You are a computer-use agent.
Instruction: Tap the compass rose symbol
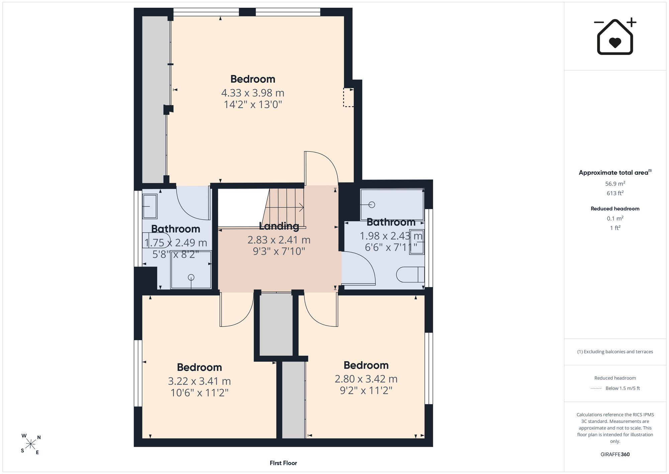[x=31, y=444]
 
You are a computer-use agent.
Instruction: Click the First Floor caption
[x=283, y=463]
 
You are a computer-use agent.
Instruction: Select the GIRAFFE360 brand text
[x=615, y=454]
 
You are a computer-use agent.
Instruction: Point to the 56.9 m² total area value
[x=615, y=184]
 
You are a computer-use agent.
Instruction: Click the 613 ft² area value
[x=615, y=193]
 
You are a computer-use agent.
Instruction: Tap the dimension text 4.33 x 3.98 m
[x=253, y=93]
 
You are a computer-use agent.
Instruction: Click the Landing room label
[x=279, y=226]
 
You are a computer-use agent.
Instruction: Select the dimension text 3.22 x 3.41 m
[x=199, y=381]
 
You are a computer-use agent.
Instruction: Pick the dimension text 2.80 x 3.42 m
[x=366, y=379]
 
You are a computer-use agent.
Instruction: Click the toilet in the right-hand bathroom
[x=410, y=275]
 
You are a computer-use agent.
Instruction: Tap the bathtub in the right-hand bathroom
[x=392, y=205]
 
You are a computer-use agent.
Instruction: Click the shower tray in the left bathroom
[x=191, y=270]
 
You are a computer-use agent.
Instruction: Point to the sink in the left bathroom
[x=150, y=206]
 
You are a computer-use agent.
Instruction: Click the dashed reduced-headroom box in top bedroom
[x=348, y=97]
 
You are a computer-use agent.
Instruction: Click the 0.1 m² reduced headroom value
[x=615, y=218]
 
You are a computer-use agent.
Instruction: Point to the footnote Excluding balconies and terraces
[x=615, y=352]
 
